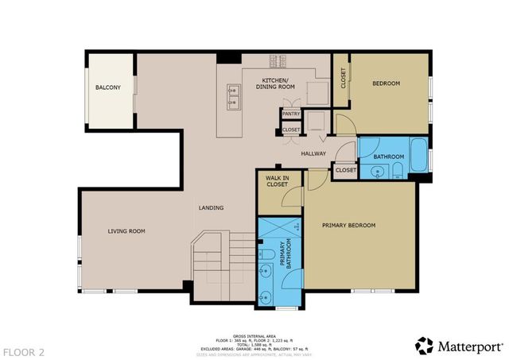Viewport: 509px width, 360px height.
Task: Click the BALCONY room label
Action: [108, 87]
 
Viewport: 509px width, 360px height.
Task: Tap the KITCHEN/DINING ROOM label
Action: [274, 83]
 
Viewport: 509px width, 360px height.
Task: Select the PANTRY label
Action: [290, 114]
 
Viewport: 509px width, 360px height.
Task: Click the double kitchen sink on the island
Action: [235, 95]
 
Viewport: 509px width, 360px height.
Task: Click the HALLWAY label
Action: [313, 153]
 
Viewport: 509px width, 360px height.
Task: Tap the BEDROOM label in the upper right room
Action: [386, 83]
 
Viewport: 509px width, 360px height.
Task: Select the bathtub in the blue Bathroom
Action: [418, 154]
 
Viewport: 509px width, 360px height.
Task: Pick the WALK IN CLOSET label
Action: [276, 180]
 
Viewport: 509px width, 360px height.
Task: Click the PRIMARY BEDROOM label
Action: [348, 225]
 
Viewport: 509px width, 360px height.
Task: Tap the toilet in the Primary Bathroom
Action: [267, 255]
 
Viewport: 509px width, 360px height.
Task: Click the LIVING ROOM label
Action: [126, 231]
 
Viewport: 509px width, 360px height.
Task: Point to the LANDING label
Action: [211, 208]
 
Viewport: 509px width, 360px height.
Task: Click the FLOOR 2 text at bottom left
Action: [24, 350]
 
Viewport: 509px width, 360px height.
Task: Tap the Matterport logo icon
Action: [425, 345]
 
